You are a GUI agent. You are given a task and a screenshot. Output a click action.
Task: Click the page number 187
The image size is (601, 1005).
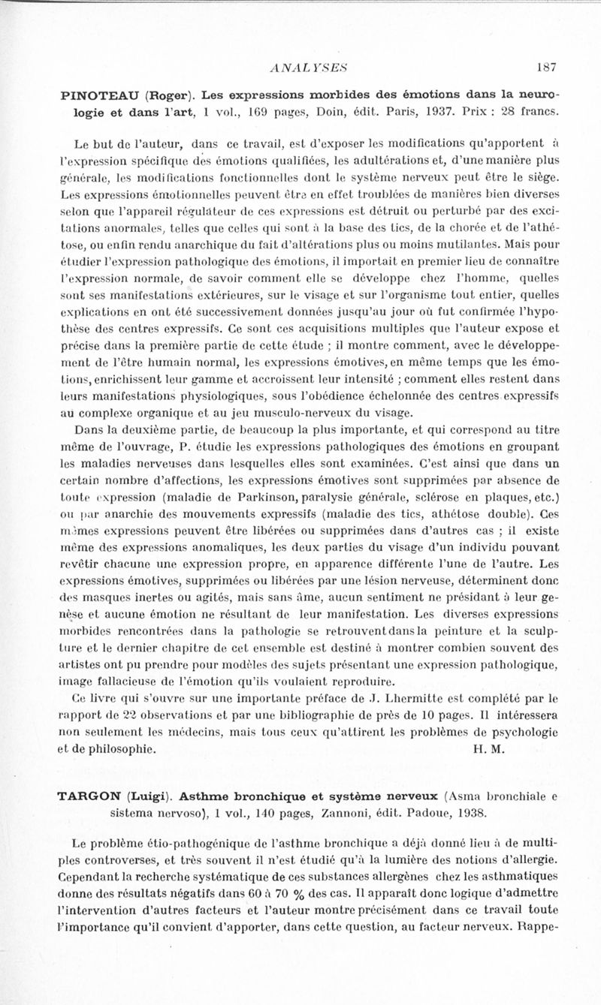546,67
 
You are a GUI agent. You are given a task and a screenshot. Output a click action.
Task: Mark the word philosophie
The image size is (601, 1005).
119,748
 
